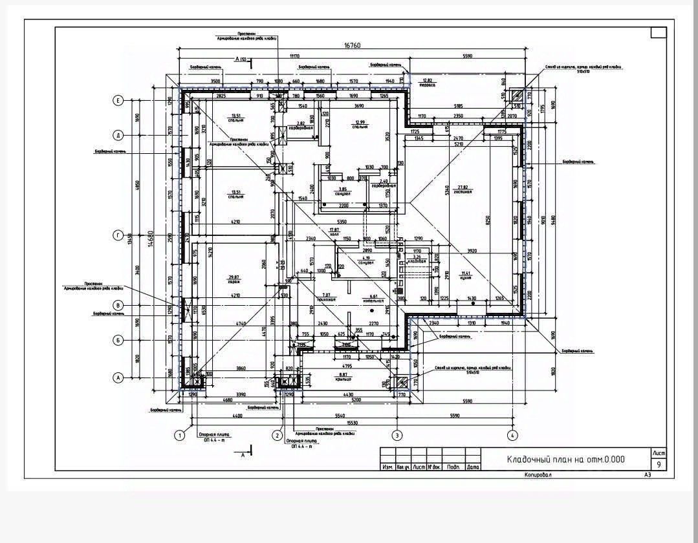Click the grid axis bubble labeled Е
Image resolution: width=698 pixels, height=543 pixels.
point(118,100)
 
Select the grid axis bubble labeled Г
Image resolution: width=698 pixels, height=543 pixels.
point(118,236)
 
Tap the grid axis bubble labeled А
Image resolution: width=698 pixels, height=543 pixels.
point(118,377)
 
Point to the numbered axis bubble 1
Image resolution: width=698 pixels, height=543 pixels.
point(179,436)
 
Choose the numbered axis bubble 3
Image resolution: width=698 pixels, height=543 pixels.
point(397,436)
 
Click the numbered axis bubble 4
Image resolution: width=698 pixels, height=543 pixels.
point(512,436)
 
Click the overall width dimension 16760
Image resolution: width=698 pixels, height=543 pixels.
point(352,46)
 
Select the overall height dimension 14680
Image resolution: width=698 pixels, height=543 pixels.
point(150,239)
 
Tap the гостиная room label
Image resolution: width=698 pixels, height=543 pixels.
point(463,189)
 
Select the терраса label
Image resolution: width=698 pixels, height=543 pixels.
point(426,83)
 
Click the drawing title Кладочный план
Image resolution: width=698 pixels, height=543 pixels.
point(565,460)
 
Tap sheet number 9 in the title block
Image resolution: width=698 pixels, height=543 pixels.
point(659,464)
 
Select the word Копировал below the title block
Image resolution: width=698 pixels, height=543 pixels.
point(538,474)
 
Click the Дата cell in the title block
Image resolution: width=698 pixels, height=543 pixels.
point(473,467)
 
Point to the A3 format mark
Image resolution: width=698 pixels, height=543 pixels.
point(647,474)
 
